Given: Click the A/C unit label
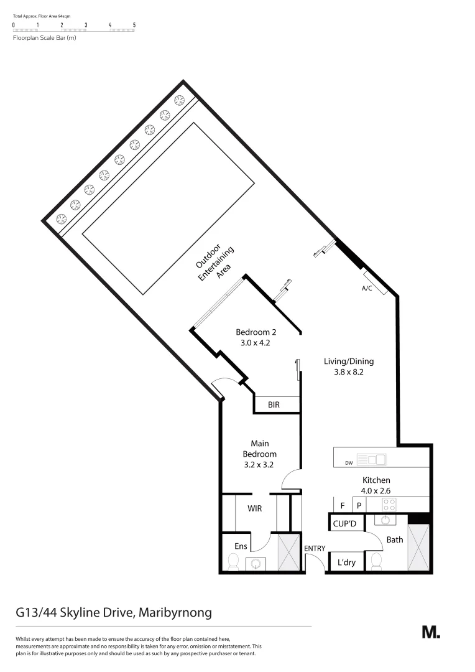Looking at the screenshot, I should point(366,289).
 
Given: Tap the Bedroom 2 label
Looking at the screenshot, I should point(251,332).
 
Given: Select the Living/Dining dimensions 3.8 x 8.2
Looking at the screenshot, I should point(348,373).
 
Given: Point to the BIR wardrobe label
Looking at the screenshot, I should point(274,405).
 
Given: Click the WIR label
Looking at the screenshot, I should point(254,508).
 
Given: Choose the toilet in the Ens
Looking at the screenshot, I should point(233,562).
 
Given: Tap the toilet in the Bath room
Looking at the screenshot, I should point(376,562).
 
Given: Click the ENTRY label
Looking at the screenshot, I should point(315,548).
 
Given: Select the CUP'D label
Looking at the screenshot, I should point(344,524).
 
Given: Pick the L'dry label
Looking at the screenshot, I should point(346,562).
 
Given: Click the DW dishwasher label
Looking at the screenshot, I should point(349,462).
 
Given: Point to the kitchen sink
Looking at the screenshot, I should point(376,460).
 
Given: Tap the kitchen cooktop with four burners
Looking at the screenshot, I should point(389,504).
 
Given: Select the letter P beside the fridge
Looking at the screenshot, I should point(359,505).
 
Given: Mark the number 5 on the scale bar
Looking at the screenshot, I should point(134,25).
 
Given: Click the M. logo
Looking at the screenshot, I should point(431,632).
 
